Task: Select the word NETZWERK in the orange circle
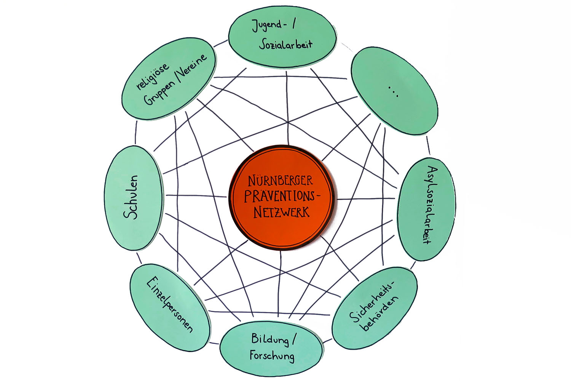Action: pyautogui.click(x=281, y=211)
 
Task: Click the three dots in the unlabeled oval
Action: pyautogui.click(x=393, y=91)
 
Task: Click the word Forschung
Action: pyautogui.click(x=272, y=355)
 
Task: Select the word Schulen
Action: pyautogui.click(x=131, y=197)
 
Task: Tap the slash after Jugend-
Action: pyautogui.click(x=294, y=25)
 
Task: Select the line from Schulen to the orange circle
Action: pyautogui.click(x=196, y=196)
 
